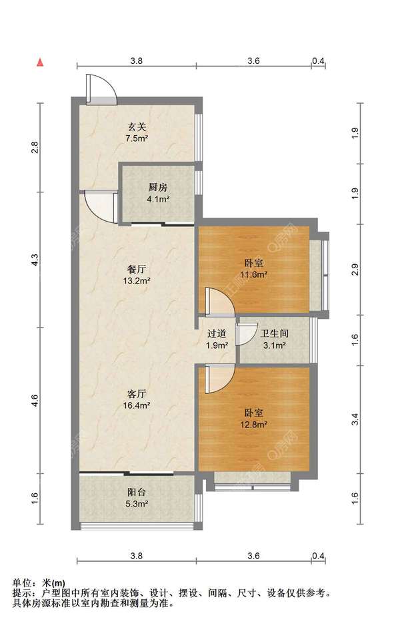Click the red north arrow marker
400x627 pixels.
(40, 63)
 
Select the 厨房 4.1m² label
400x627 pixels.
(158, 193)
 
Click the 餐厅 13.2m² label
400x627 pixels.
(137, 275)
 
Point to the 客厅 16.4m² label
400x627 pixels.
(137, 399)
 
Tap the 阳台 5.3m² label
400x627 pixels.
(137, 498)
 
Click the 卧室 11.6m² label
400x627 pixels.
(254, 269)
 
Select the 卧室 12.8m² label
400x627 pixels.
(254, 418)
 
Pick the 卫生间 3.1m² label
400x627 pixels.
(274, 339)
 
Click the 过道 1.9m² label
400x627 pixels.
(217, 339)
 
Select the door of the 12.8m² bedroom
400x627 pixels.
(220, 379)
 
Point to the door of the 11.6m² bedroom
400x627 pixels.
(220, 302)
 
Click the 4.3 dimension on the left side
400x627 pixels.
(35, 260)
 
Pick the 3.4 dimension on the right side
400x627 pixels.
(355, 419)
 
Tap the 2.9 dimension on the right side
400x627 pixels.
(355, 270)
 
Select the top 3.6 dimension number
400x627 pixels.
(253, 61)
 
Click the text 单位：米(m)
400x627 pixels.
(39, 584)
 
